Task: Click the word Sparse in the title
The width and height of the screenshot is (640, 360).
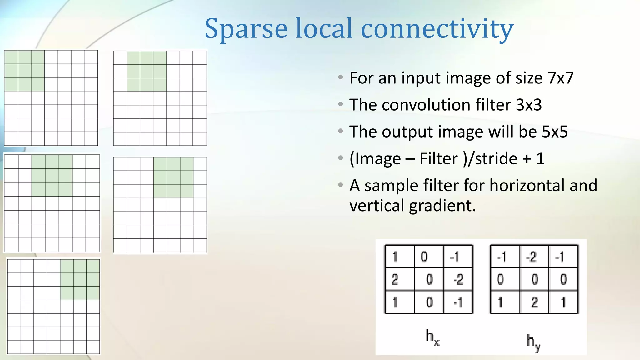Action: point(246,29)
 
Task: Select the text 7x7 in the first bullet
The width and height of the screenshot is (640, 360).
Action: point(560,78)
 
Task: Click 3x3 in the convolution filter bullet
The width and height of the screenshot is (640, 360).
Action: point(528,105)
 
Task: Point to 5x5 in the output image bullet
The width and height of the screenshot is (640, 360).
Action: point(554,132)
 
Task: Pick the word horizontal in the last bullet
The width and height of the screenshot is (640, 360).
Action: point(527,185)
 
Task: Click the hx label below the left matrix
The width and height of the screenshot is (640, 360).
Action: point(432,337)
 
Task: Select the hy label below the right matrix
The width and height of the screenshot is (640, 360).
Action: point(533,342)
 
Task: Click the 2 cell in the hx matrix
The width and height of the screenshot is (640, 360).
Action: point(395,279)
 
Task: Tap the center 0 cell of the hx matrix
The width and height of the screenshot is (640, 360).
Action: point(429,279)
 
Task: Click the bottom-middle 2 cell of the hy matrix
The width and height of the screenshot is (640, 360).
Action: point(534,302)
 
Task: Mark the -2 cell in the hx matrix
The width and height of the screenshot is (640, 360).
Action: point(458,279)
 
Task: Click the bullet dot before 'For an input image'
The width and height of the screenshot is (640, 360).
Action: point(341,77)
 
